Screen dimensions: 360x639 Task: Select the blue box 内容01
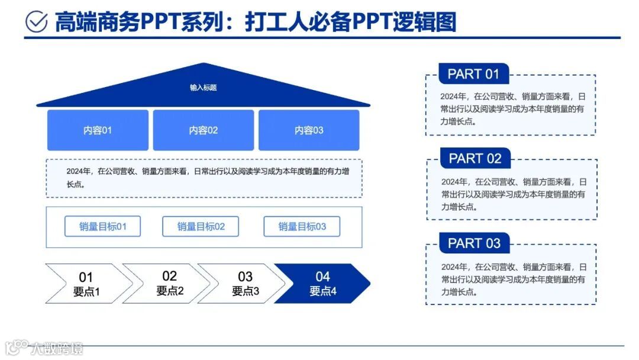click(x=98, y=130)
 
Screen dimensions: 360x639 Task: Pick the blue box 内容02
click(x=203, y=130)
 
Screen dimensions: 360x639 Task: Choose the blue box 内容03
click(x=309, y=130)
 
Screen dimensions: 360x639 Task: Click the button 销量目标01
click(x=102, y=226)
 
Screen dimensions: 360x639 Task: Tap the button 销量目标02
click(x=201, y=226)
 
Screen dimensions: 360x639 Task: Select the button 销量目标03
click(x=302, y=226)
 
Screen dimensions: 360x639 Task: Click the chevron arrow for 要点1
click(x=86, y=284)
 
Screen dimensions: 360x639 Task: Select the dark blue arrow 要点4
click(x=322, y=284)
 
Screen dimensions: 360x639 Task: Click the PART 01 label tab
click(x=473, y=74)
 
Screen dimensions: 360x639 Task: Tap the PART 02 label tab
click(x=475, y=159)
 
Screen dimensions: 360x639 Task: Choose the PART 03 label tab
click(x=474, y=243)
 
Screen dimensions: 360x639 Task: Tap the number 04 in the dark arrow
click(x=322, y=277)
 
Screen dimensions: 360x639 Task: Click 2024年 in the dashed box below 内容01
click(x=78, y=172)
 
